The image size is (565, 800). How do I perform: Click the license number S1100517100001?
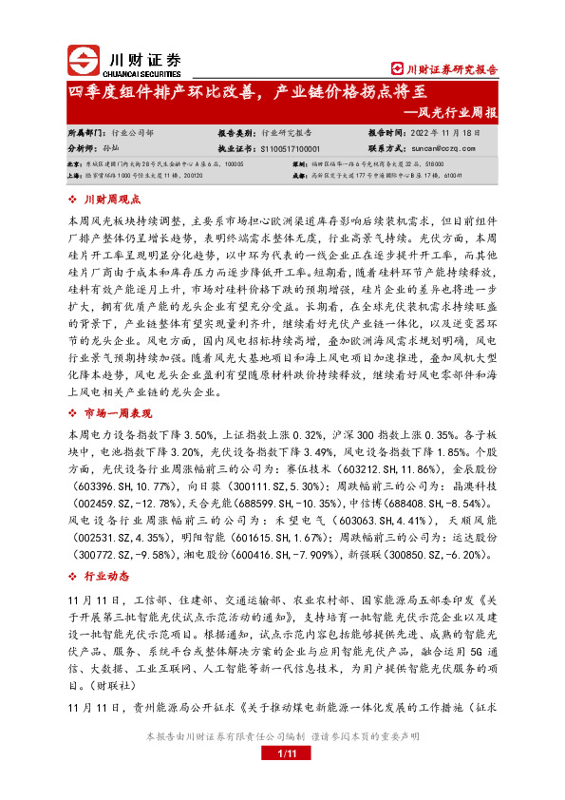click(x=289, y=148)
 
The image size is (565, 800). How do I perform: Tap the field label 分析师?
click(x=84, y=148)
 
